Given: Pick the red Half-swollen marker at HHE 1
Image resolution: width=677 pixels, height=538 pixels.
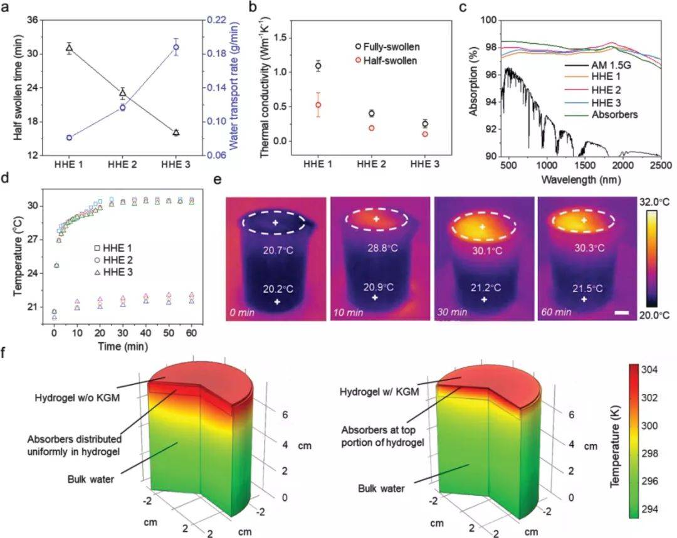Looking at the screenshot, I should tap(318, 105).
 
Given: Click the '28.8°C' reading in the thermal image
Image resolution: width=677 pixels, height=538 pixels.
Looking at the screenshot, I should tap(380, 249).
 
